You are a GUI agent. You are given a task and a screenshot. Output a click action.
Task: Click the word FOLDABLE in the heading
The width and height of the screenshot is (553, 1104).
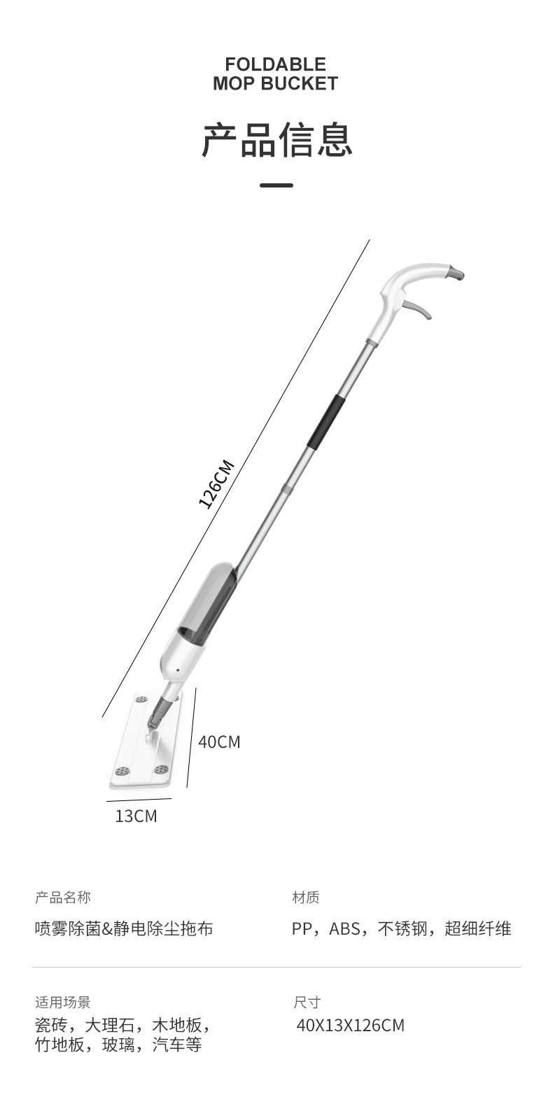coord(275,64)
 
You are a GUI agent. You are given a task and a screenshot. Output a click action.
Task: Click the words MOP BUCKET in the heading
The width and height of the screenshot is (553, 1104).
coord(275,83)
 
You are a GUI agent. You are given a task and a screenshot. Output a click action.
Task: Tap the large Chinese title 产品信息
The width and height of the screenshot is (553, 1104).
coord(276,140)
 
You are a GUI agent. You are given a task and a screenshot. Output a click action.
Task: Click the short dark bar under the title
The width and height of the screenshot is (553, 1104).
coord(276,185)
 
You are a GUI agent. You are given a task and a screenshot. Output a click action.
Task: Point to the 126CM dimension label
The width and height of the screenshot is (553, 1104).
coord(216,483)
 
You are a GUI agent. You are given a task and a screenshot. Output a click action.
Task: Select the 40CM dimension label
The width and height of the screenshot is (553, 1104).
coord(219,742)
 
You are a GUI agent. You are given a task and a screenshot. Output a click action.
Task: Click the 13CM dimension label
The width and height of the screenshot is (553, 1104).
coord(136,816)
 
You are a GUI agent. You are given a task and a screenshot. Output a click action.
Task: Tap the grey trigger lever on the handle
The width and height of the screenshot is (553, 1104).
coord(419,310)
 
